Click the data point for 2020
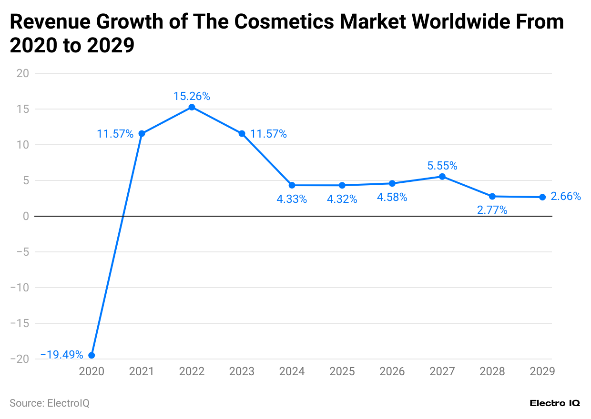pos(92,355)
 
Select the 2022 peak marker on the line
pos(192,107)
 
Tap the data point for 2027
pos(442,177)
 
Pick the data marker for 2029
pos(542,197)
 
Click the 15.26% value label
pos(192,96)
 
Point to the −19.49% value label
pos(62,355)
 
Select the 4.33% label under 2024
pos(292,199)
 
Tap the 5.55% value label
pos(442,166)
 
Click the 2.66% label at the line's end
pos(566,196)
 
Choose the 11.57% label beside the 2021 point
pos(115,134)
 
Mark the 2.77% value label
pos(492,210)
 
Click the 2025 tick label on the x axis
pos(342,371)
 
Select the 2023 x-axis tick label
pos(242,371)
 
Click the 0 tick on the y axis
pos(26,216)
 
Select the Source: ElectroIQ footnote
pos(50,403)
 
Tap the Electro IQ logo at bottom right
pos(555,403)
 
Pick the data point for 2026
pos(392,183)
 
